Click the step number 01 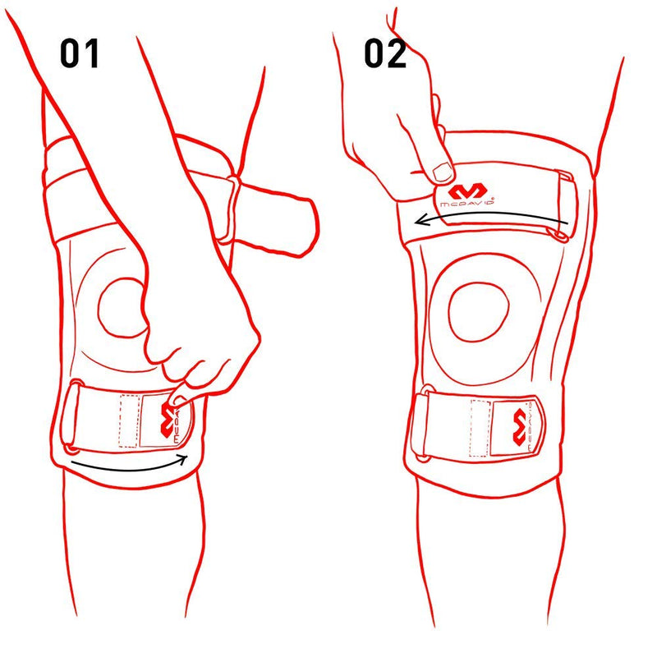coord(80,53)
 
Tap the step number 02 coord(384,53)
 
